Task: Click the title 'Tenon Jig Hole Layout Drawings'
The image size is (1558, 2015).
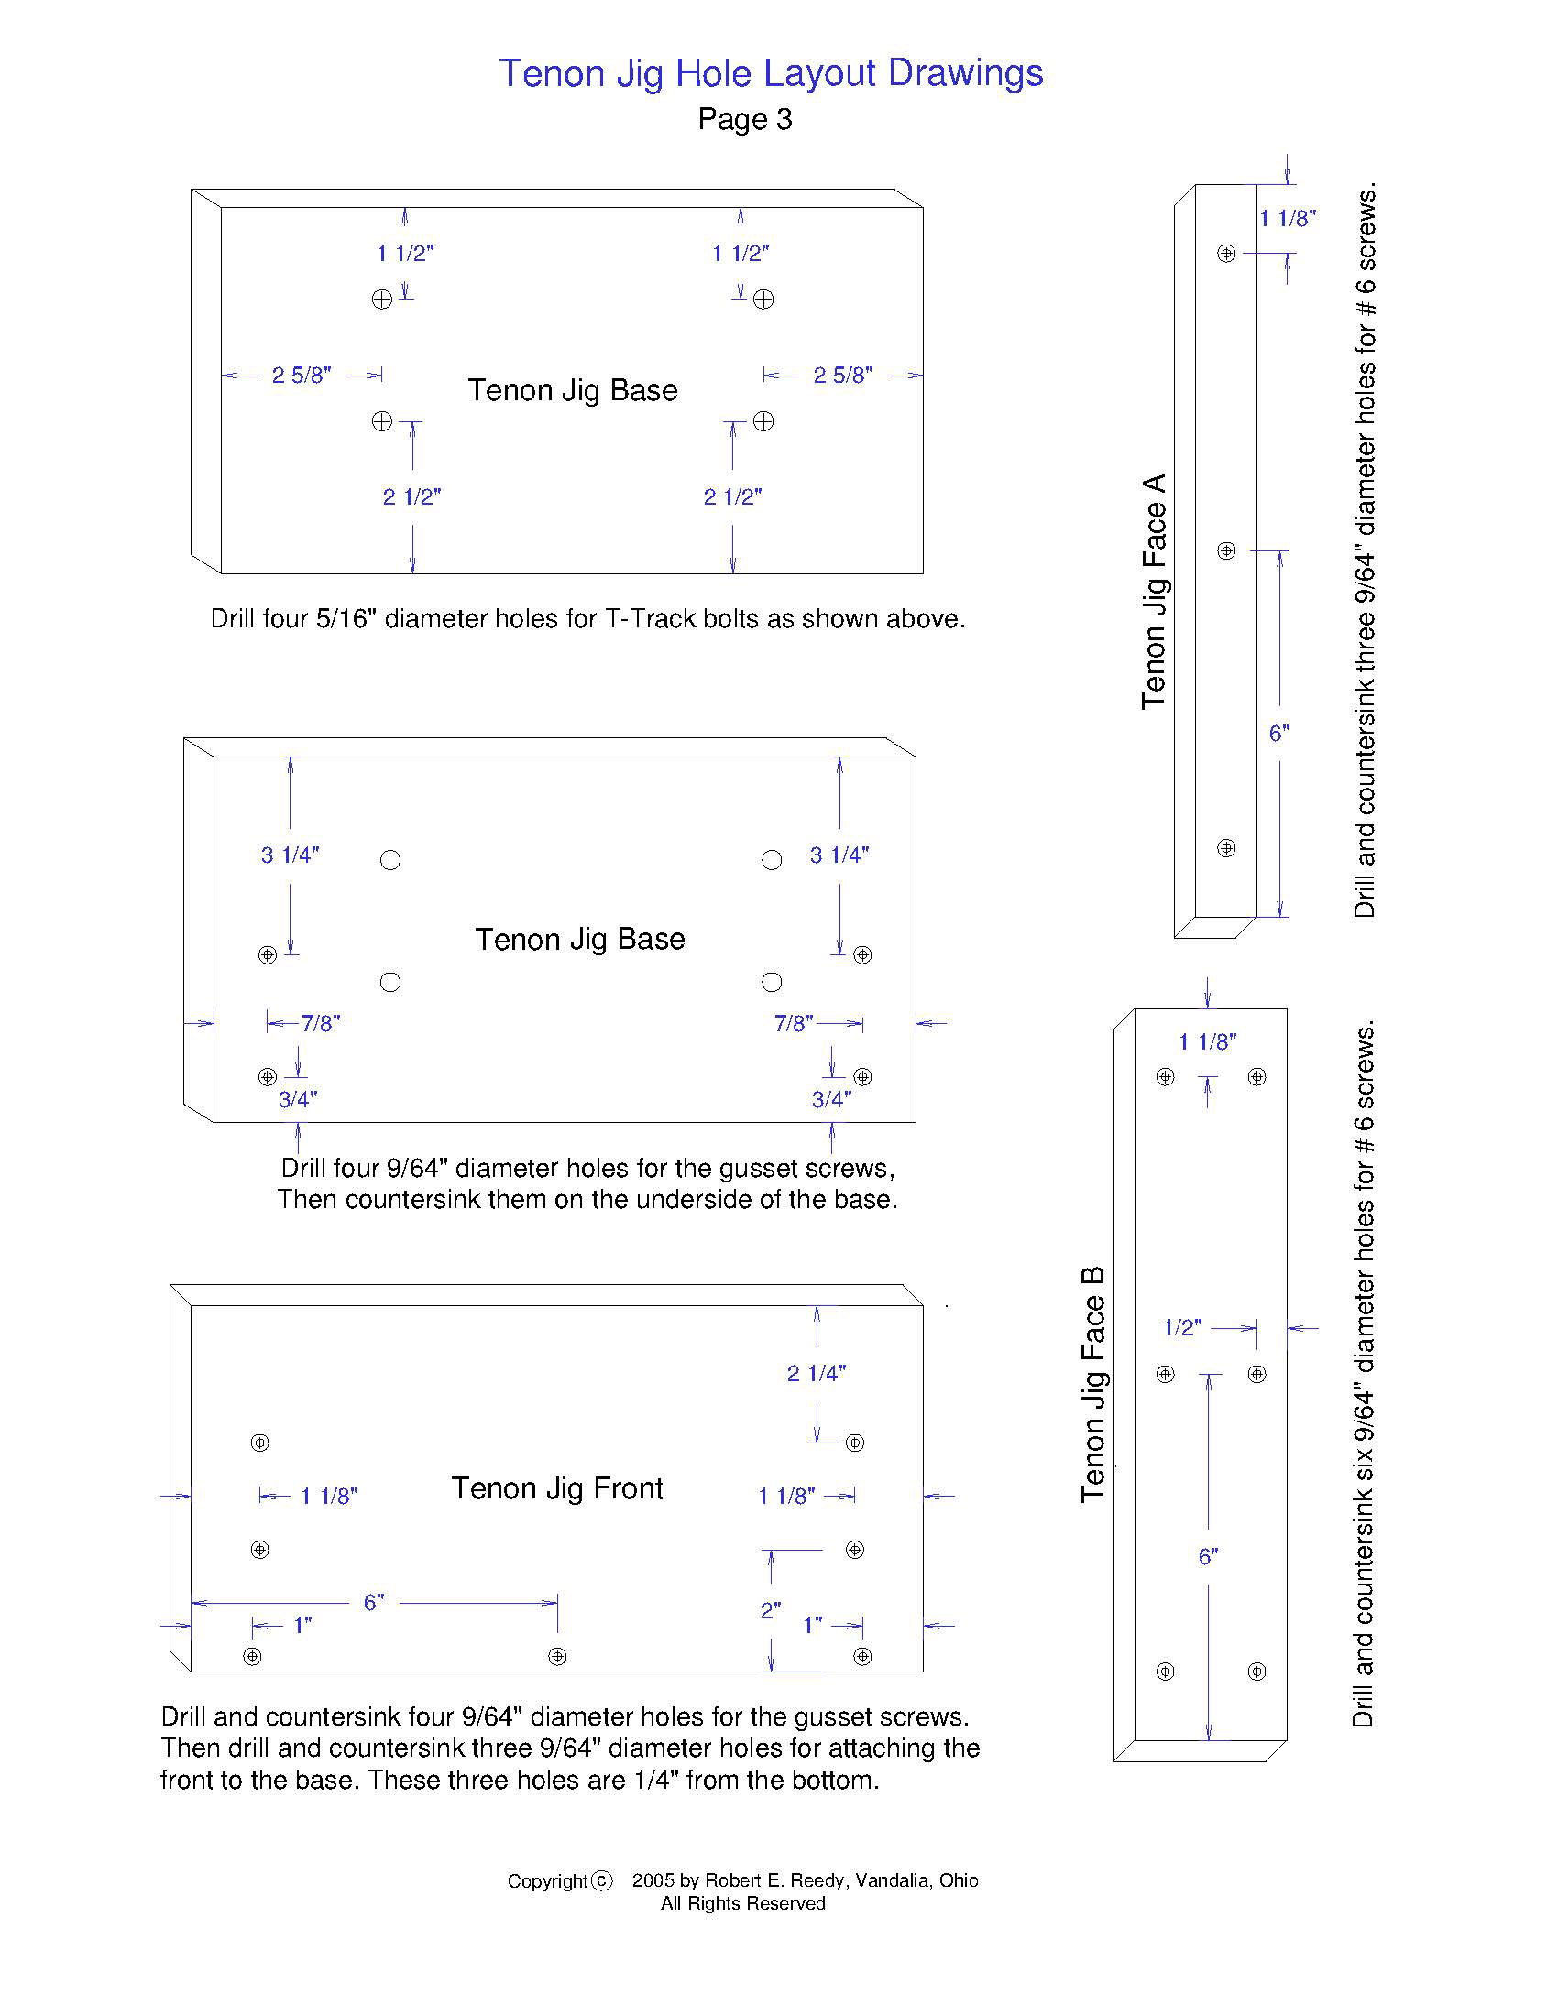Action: coord(771,73)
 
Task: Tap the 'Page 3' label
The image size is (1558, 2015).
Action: coord(745,119)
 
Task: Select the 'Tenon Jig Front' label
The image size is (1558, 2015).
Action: coord(556,1488)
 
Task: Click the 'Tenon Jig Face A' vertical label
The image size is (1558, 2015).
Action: coord(1155,592)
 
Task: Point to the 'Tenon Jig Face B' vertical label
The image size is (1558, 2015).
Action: coord(1092,1384)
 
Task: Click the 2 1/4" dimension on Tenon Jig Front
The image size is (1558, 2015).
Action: coord(816,1374)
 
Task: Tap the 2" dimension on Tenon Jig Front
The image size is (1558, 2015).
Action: coord(771,1610)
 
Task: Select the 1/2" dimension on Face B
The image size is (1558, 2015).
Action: coord(1181,1328)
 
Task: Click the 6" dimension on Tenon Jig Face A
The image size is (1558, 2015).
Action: coord(1278,734)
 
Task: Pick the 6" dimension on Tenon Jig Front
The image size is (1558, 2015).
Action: coord(373,1603)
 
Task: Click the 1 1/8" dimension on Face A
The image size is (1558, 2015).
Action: coord(1287,219)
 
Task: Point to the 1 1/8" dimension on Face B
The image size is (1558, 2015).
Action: coord(1207,1041)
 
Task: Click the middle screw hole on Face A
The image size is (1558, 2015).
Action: coord(1226,550)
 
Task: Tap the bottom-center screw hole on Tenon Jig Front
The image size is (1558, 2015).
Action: coord(557,1656)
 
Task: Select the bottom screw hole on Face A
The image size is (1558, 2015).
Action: coord(1226,848)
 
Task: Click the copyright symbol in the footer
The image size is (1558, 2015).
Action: coord(601,1880)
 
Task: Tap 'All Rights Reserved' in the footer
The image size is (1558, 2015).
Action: coord(743,1903)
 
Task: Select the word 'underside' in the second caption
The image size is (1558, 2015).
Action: coord(697,1200)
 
